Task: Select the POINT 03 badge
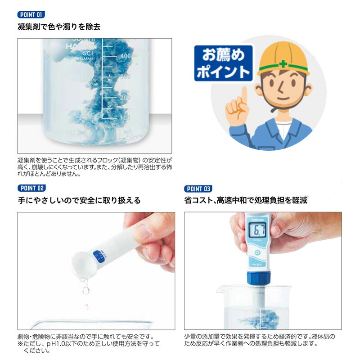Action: pos(198,189)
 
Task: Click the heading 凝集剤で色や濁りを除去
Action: pos(58,27)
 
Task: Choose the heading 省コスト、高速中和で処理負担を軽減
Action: pos(246,201)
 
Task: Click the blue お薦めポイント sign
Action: pos(223,63)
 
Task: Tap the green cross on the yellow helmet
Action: pos(283,64)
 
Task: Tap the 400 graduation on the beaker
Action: pos(125,56)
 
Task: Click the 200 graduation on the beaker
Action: pos(125,97)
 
